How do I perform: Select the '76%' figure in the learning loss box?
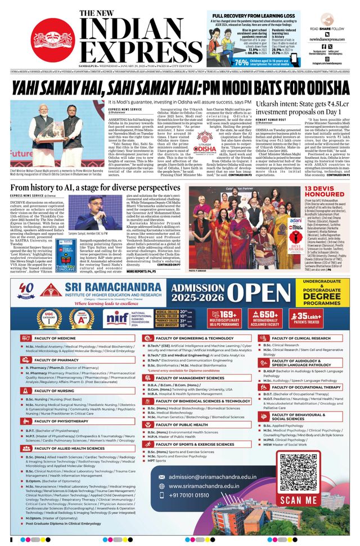[x=241, y=62]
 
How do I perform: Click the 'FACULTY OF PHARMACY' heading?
[x=57, y=360]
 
